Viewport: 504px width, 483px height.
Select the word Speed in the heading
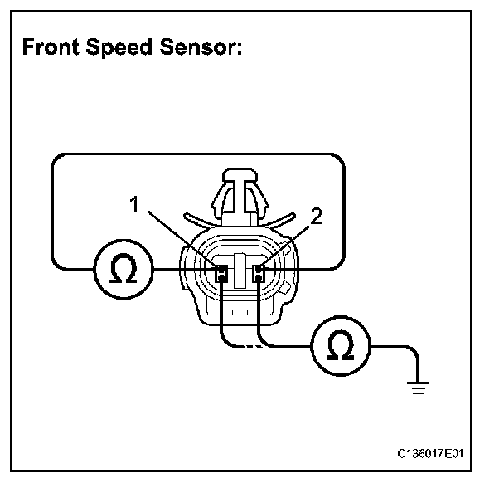(116, 48)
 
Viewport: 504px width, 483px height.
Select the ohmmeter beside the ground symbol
(339, 346)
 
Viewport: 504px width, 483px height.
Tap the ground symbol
(417, 383)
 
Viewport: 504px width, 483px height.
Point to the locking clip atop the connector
(240, 196)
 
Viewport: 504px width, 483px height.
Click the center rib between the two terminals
(240, 271)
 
